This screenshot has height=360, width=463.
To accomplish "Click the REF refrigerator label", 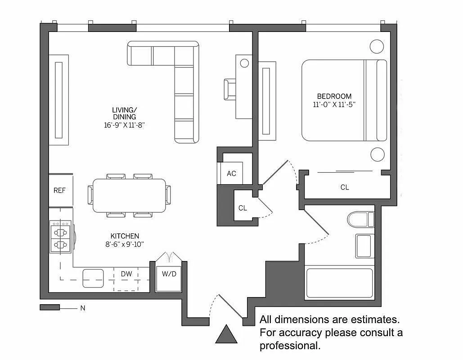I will [59, 190].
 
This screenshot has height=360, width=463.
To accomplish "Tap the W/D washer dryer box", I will [169, 274].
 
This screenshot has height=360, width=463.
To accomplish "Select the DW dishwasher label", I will [126, 274].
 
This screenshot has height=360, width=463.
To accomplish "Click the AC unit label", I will [231, 174].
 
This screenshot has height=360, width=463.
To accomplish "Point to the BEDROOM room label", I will [334, 96].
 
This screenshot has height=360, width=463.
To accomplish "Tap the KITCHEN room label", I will [125, 236].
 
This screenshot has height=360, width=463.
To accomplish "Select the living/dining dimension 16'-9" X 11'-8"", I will [124, 125].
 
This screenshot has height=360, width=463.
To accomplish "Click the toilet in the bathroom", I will [360, 219].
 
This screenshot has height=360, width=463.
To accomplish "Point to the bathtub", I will [339, 283].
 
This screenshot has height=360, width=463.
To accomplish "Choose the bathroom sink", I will [363, 246].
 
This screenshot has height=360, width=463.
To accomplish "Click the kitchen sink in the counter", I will [93, 278].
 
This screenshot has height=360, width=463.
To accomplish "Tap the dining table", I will [129, 195].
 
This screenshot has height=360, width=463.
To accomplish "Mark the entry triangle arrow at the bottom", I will [226, 335].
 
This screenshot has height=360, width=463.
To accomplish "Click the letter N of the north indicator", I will [82, 308].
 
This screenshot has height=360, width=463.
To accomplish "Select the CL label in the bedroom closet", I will [345, 187].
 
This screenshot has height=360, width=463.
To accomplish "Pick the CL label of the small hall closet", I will [243, 208].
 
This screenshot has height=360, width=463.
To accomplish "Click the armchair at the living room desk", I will [229, 89].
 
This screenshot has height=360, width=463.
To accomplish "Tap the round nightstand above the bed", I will [377, 46].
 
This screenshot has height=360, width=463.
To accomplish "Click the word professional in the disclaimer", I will [289, 346].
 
